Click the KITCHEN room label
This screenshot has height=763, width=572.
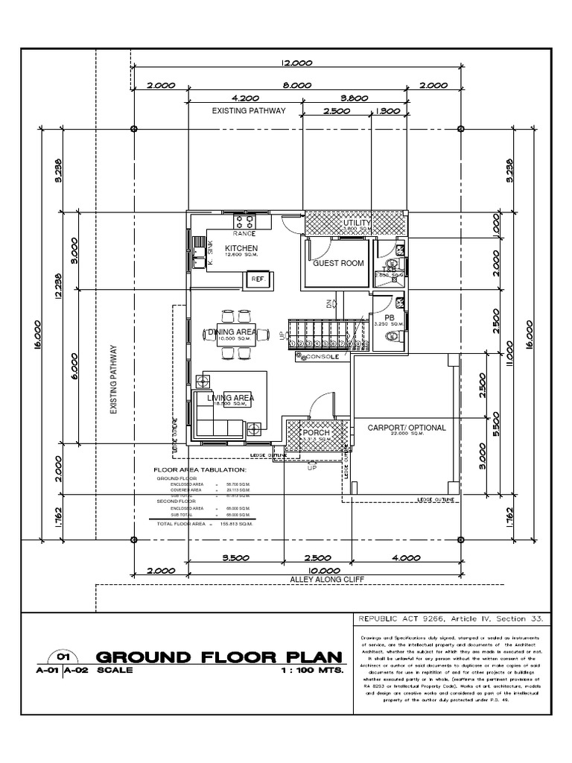[x=241, y=248]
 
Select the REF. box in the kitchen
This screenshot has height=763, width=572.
[x=258, y=279]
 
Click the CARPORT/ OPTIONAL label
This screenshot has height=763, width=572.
[x=407, y=428]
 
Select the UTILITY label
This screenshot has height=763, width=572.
[x=356, y=224]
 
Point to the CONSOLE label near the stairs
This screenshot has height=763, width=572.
[x=325, y=358]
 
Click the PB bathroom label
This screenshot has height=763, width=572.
[x=390, y=316]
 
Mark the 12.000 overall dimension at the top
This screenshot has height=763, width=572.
[x=296, y=64]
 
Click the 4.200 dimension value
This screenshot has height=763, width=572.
[x=246, y=98]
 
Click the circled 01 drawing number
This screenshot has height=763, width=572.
[x=60, y=657]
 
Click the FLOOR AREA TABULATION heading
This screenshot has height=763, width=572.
[x=199, y=470]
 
